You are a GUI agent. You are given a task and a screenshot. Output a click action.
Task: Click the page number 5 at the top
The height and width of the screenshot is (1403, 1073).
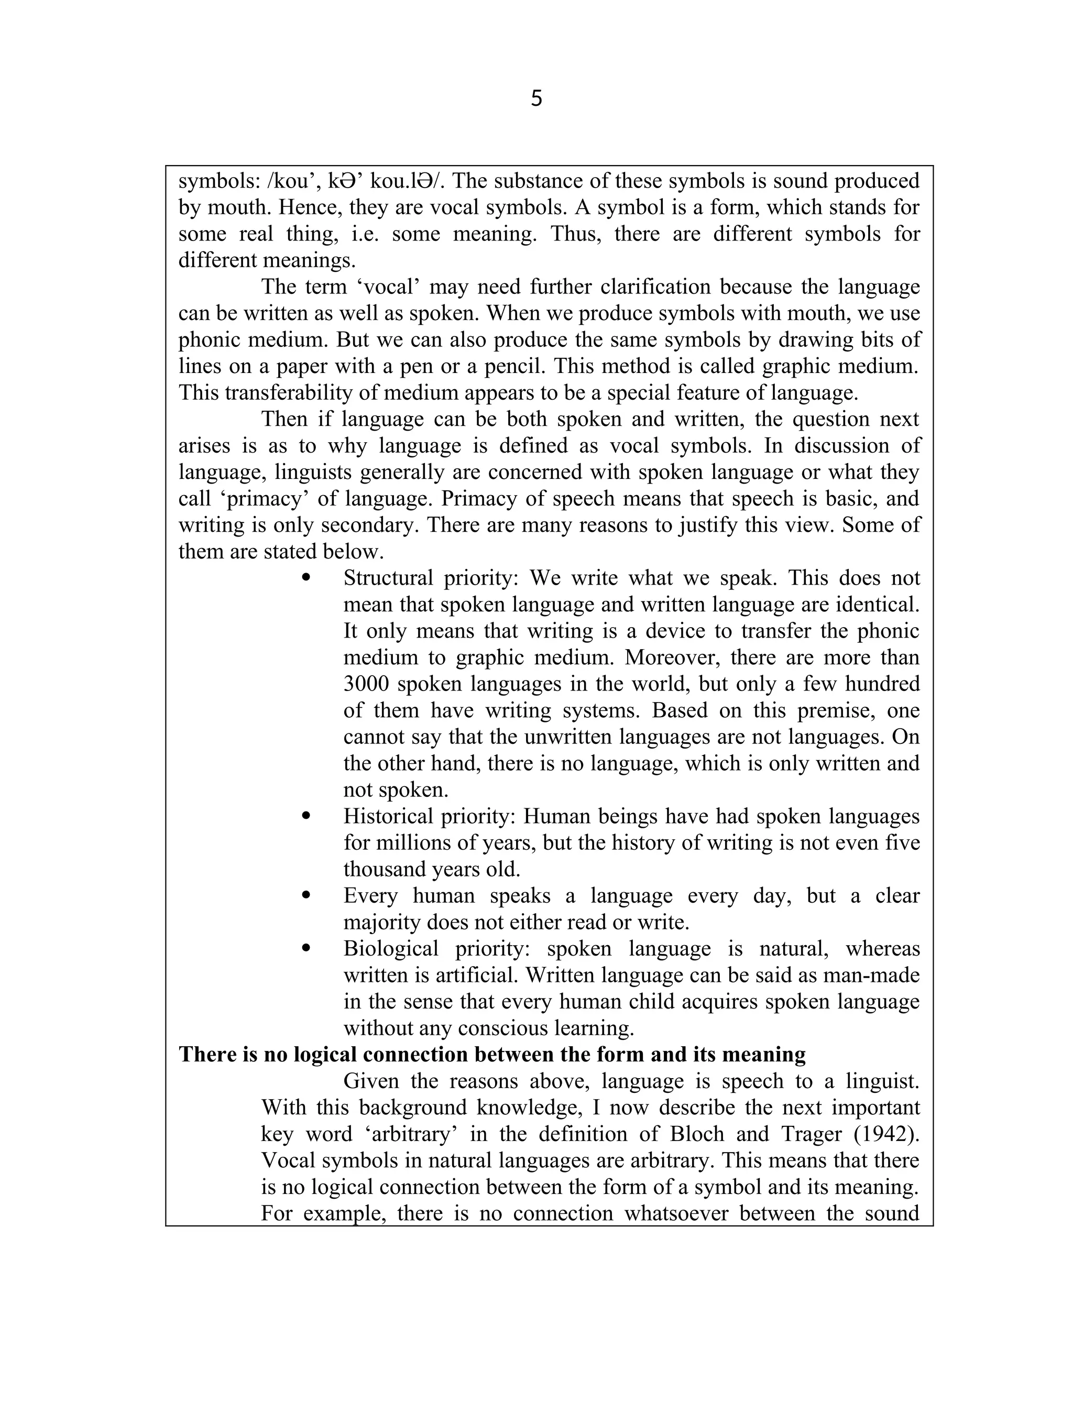[x=536, y=98]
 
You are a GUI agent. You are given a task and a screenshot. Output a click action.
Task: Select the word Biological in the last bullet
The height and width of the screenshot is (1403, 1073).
[x=391, y=948]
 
